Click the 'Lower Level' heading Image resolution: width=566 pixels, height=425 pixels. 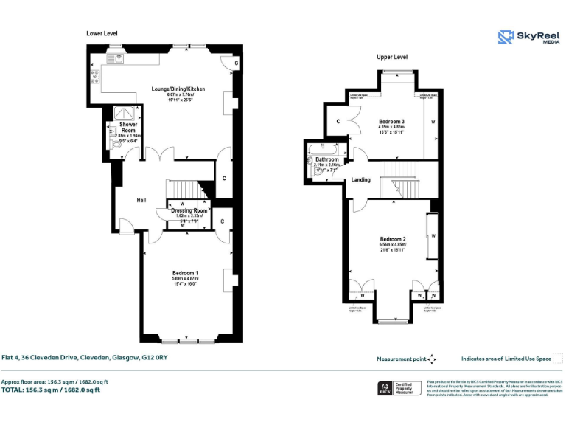click(102, 33)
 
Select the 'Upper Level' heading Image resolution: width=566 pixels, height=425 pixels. click(391, 57)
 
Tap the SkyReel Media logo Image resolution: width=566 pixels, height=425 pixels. click(527, 37)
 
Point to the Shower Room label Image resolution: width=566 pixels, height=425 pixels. click(128, 128)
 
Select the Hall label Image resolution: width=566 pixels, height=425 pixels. click(141, 200)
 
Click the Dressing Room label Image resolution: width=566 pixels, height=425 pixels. click(189, 211)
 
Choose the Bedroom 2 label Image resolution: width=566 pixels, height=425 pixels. click(393, 239)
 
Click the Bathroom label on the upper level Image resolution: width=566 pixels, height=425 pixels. click(326, 159)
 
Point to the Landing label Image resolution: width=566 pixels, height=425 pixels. click(361, 179)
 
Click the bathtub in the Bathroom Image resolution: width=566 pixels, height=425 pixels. click(325, 151)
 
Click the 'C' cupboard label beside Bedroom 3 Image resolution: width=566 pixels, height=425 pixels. click(338, 121)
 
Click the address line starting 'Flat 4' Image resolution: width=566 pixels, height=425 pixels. click(84, 358)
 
